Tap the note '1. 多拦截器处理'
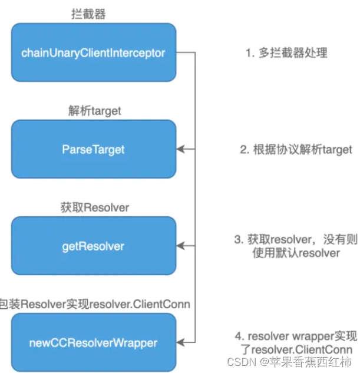pos(286,53)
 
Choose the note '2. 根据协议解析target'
pos(296,150)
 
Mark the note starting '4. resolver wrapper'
pos(296,336)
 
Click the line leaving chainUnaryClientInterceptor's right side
pos(186,52)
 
